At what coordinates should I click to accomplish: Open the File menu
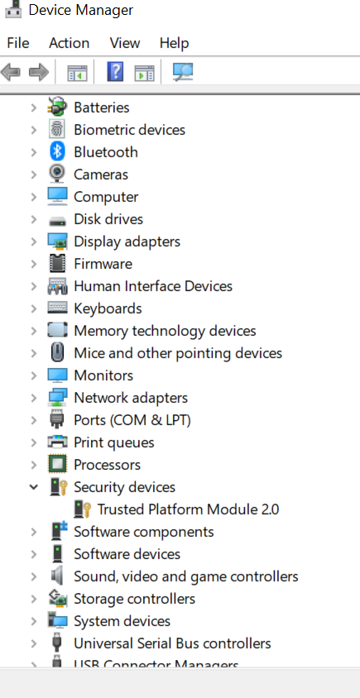click(x=18, y=43)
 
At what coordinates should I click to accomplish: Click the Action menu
click(x=69, y=43)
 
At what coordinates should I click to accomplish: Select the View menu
click(x=125, y=43)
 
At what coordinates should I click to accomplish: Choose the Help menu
click(x=175, y=43)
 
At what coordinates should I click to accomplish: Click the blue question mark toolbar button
click(x=115, y=72)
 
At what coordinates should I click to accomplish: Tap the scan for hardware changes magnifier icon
click(x=183, y=72)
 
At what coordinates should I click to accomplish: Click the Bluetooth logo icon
click(x=57, y=152)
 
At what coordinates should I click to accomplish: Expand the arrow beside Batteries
click(x=33, y=108)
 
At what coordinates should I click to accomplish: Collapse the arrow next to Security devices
click(x=33, y=487)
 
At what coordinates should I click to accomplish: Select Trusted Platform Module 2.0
click(x=188, y=509)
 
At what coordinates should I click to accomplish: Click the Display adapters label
click(x=127, y=241)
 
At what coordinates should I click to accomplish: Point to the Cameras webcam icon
click(x=57, y=174)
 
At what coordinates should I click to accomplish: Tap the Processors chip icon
click(x=57, y=465)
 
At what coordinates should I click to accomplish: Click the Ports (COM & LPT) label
click(x=132, y=420)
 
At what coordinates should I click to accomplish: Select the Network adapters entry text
click(x=131, y=398)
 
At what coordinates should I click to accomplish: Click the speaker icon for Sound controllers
click(x=57, y=576)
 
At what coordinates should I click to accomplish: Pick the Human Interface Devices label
click(x=153, y=286)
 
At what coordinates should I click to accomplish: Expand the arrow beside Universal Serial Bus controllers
click(x=33, y=643)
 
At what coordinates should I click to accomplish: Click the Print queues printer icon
click(x=57, y=442)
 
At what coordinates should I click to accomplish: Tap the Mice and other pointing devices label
click(x=178, y=353)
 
